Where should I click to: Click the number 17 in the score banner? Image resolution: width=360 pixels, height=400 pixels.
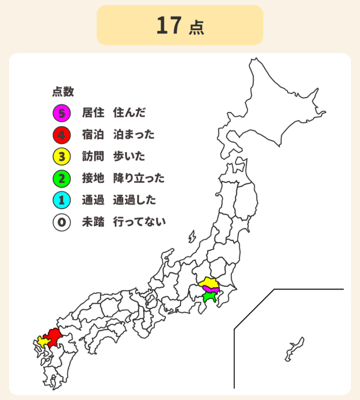169,25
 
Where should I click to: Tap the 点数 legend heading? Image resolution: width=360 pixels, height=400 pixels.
63,91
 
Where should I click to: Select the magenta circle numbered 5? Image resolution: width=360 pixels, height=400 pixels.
61,112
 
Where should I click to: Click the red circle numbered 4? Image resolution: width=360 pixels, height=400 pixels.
61,135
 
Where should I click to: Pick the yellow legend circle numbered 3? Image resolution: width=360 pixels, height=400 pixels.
61,157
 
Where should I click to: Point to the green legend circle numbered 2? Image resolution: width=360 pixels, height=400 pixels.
61,179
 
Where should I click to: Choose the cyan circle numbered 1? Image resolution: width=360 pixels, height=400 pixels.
61,200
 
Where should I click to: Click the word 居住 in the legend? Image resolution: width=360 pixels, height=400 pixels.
92,112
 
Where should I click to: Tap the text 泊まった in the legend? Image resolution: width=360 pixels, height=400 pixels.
134,135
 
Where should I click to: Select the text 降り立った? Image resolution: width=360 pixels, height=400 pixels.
139,179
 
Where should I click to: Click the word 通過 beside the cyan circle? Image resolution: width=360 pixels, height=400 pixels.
92,200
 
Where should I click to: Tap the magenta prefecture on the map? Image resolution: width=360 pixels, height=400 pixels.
212,289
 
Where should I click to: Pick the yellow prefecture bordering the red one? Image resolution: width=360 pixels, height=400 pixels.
42,341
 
